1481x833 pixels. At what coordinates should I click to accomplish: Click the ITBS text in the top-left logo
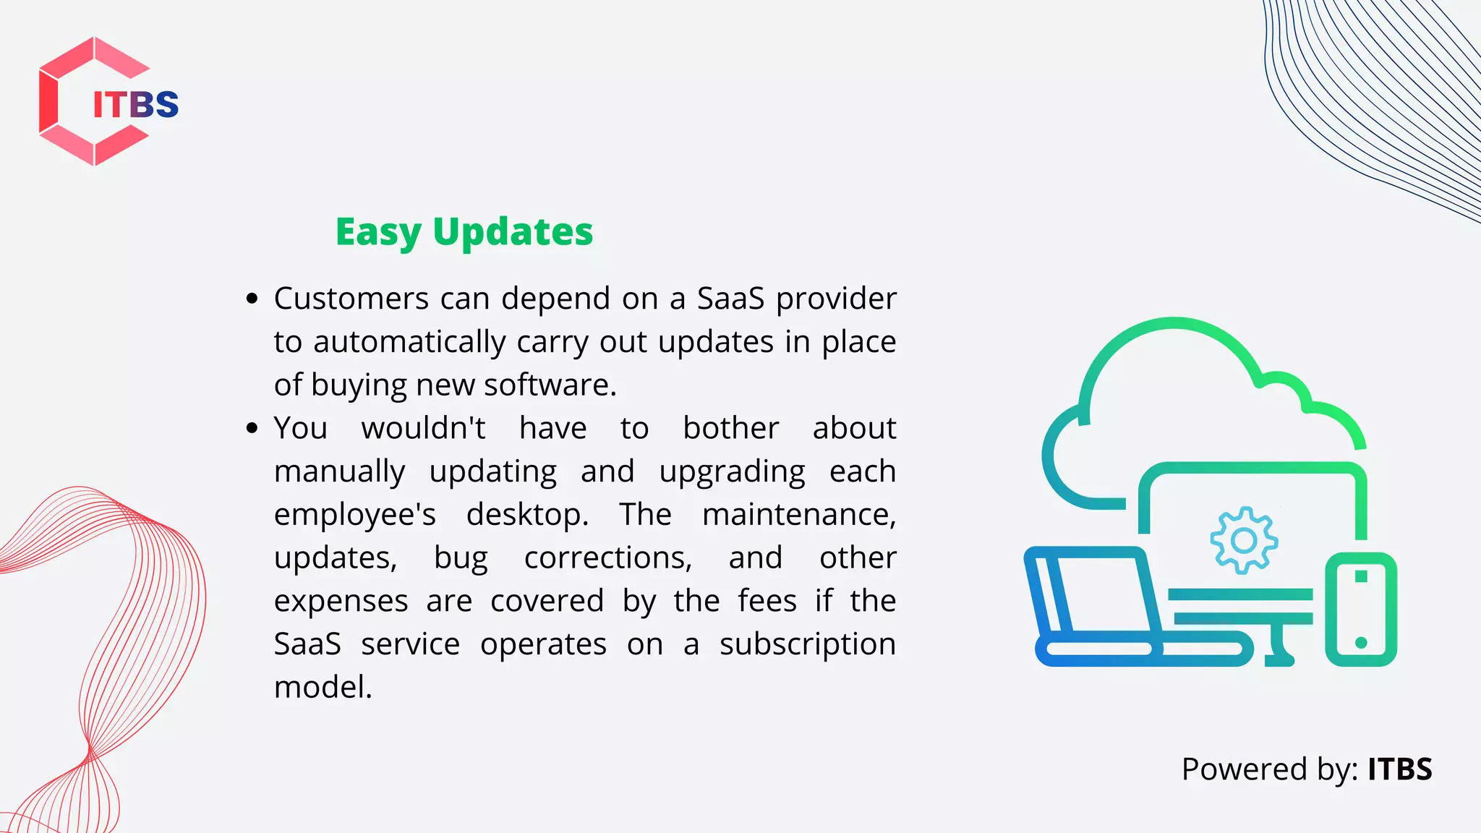[x=135, y=105]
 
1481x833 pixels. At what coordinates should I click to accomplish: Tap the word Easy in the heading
[x=377, y=233]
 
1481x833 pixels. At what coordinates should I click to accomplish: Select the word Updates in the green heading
[x=513, y=233]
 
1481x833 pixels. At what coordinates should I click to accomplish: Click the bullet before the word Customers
[x=252, y=299]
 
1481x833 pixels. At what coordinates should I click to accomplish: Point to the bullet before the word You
[x=252, y=428]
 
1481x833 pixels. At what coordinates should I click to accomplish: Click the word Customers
[x=351, y=299]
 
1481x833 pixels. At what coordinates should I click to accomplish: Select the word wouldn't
[x=424, y=428]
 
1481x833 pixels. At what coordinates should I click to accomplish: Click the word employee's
[x=355, y=515]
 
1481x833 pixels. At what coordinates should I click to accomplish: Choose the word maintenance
[x=798, y=515]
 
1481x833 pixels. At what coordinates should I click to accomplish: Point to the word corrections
[x=607, y=558]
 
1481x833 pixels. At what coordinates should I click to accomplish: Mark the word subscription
[x=807, y=644]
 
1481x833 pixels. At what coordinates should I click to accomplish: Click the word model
[x=323, y=687]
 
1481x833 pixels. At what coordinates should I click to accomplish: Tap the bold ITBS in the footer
[x=1399, y=769]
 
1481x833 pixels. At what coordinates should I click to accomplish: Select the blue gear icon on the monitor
[x=1244, y=540]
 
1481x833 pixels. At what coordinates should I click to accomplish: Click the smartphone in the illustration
[x=1360, y=609]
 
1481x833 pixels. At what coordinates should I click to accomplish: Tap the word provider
[x=836, y=299]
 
